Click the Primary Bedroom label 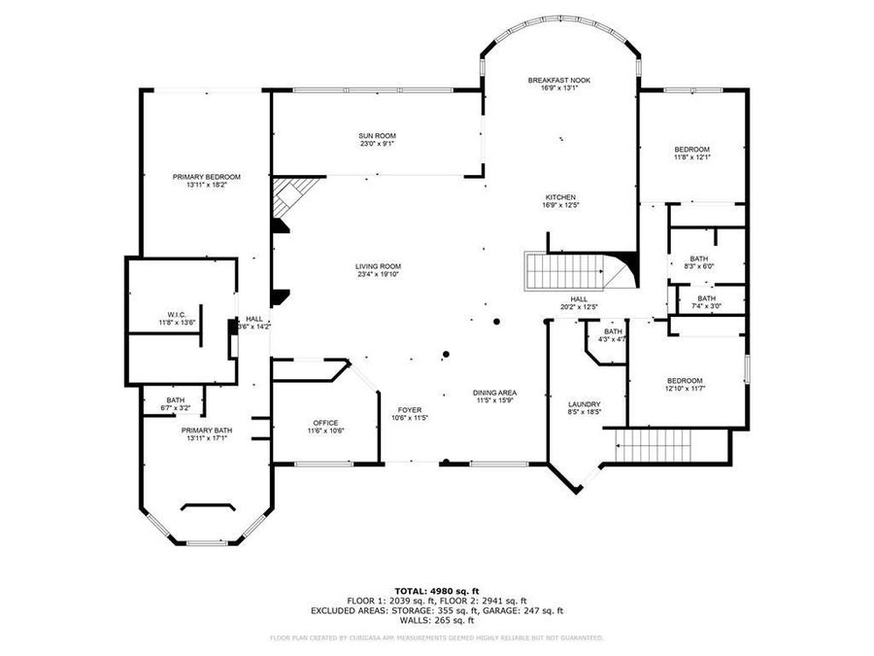[207, 177]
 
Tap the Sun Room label [377, 136]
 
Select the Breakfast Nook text [559, 80]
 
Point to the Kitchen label [560, 196]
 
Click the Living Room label [378, 266]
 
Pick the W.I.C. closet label [176, 314]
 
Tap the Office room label [325, 423]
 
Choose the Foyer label [409, 409]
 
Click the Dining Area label [494, 392]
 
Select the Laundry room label [584, 404]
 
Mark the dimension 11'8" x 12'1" [692, 157]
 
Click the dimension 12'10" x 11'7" [685, 389]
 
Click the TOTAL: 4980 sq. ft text [436, 590]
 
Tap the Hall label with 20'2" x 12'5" [579, 299]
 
